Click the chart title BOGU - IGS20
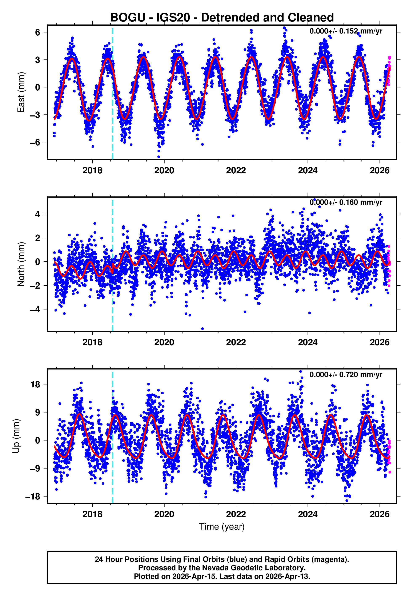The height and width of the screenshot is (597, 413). coord(222,18)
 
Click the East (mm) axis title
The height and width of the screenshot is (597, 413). coord(21,92)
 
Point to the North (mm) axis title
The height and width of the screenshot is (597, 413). coord(21,264)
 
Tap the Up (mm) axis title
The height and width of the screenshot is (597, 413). coord(16,436)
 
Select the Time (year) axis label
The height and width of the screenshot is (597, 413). coord(222,527)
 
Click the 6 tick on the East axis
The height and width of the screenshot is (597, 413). coord(38,32)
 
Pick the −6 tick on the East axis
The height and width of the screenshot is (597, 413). coord(35,142)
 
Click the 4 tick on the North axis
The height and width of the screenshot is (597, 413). coord(38,214)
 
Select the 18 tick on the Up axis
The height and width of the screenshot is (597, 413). coord(35,384)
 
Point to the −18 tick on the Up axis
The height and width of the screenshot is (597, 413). coord(33,497)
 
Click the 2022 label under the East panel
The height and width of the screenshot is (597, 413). coord(236,170)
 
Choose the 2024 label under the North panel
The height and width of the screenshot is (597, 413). coord(308,342)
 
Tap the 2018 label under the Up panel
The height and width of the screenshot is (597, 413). coord(92,514)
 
